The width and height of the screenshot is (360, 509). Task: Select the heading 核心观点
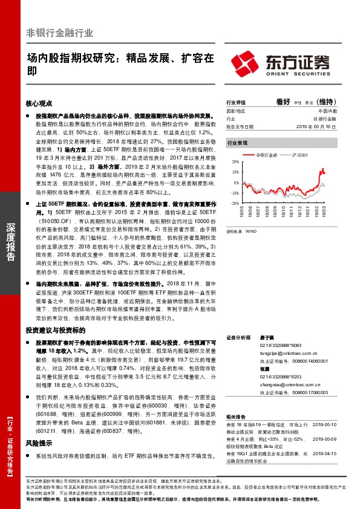40,103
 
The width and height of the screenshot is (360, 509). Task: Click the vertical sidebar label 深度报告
10,242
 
